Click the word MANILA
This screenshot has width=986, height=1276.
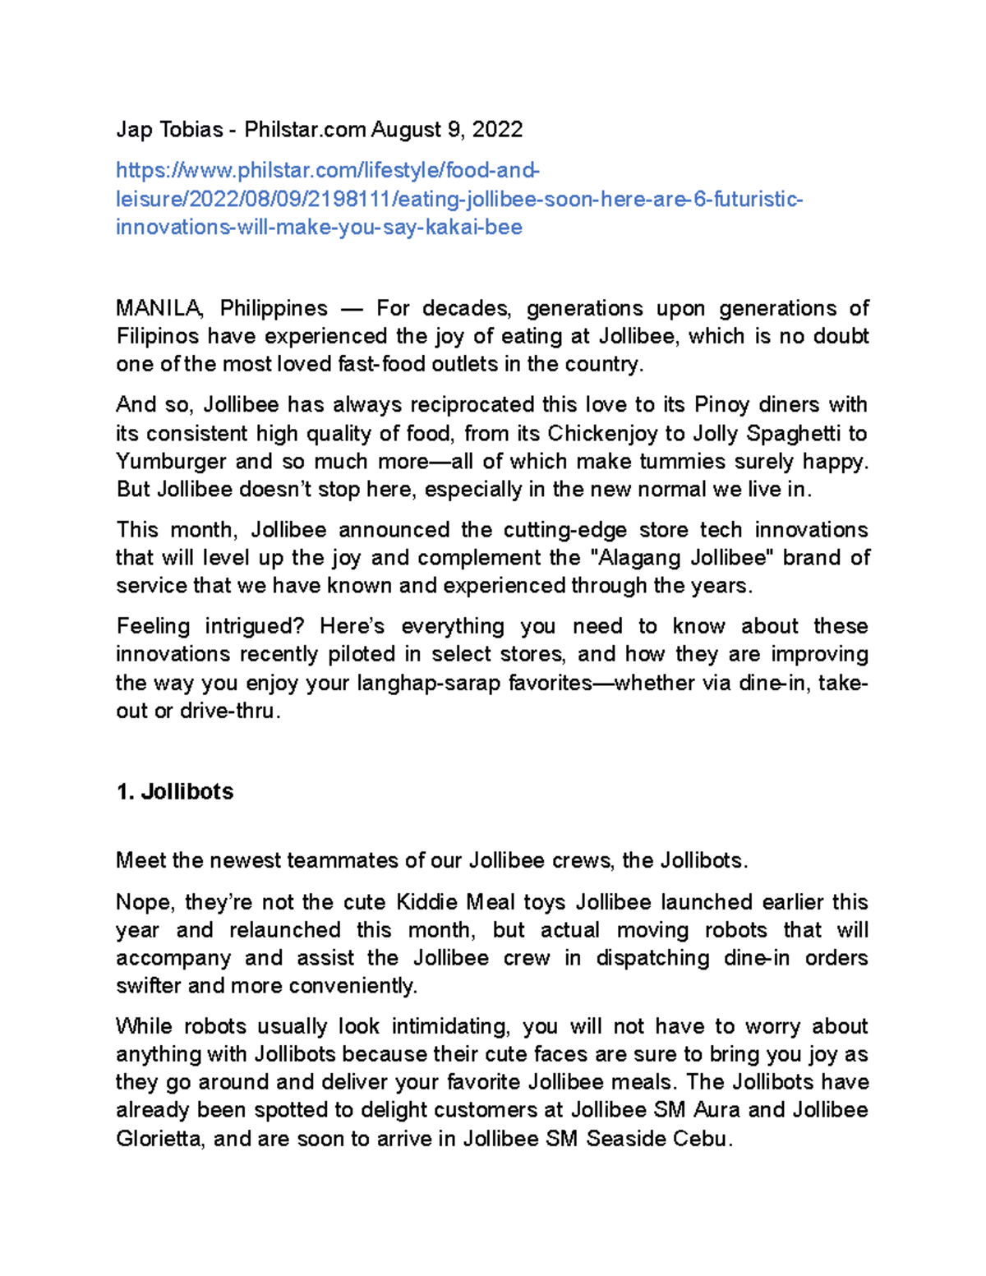pos(159,309)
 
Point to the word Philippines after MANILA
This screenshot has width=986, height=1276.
pos(274,309)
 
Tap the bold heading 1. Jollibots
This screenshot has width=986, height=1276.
pos(175,792)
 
